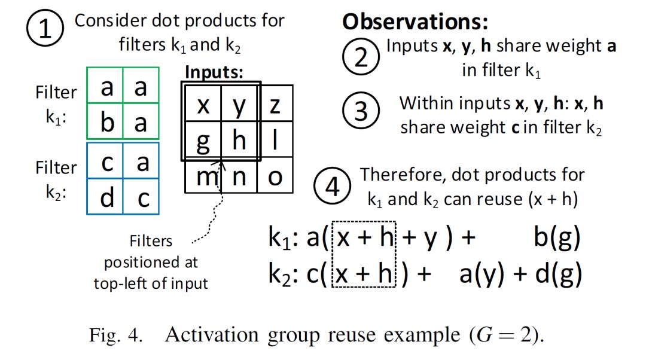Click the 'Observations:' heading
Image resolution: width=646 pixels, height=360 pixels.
click(415, 23)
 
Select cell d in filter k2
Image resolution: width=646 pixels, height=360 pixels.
click(107, 197)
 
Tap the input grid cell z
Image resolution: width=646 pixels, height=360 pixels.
click(275, 105)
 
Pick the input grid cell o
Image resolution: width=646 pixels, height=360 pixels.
click(275, 176)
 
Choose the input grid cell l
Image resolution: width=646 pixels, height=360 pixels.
click(275, 141)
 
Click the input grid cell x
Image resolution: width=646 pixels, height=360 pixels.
click(203, 105)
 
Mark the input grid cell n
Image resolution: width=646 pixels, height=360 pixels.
click(239, 176)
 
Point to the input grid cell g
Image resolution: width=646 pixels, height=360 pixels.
click(203, 141)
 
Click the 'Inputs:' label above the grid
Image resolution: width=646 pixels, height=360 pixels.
click(214, 72)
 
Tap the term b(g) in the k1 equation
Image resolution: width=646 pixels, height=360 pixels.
click(556, 239)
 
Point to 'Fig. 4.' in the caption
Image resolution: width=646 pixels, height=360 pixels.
click(116, 335)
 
